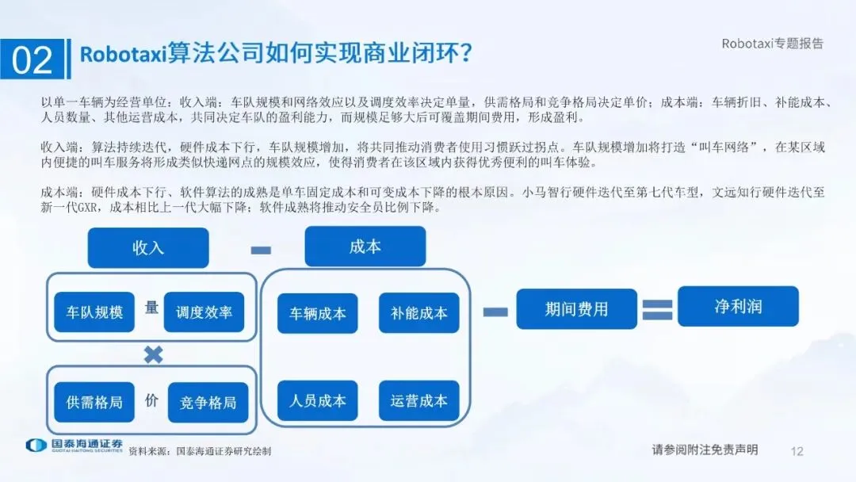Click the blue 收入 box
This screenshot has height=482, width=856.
pos(148,248)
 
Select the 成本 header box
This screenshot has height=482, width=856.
pos(365,247)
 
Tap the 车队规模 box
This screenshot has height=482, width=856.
pos(94,312)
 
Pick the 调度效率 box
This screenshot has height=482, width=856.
pos(204,312)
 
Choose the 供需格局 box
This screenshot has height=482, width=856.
pos(94,402)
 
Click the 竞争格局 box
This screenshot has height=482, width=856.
pos(208,402)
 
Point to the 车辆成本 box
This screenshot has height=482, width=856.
pos(317,313)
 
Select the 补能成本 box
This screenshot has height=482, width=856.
pos(418,313)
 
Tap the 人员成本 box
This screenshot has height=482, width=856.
pos(317,400)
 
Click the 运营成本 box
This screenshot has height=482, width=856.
pos(418,400)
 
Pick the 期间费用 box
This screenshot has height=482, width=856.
pos(576,309)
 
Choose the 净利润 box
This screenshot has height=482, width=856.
pos(738,306)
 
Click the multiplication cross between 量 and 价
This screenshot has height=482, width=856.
pos(152,354)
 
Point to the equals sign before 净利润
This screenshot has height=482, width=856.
pos(657,309)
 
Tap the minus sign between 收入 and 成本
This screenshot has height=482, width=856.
pos(260,251)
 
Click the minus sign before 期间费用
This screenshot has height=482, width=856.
pos(495,312)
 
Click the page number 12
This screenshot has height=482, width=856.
pos(797,451)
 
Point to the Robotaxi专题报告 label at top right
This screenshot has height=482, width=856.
pos(772,44)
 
